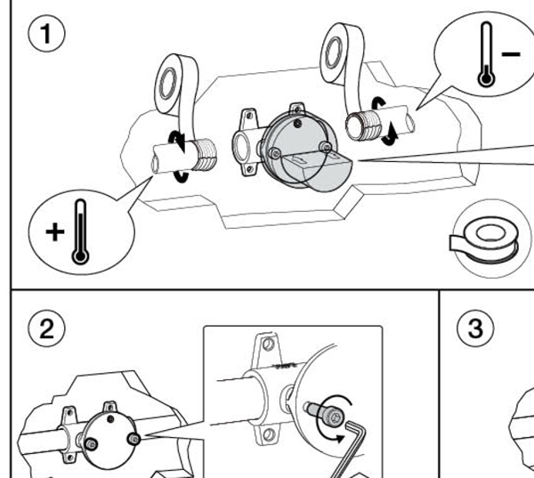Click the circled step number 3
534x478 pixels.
click(474, 328)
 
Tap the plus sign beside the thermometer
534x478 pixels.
click(55, 231)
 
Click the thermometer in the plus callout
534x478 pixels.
click(81, 231)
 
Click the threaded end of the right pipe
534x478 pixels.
click(359, 125)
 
